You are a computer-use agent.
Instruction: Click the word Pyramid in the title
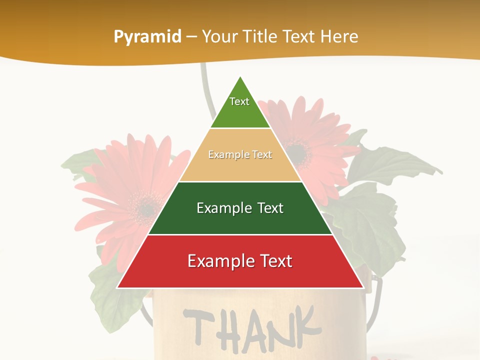147,37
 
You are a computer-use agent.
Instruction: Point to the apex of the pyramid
240,77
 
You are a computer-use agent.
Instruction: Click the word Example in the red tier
218,261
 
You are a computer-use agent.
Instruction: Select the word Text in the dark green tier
270,208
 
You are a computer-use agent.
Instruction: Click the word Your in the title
220,37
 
